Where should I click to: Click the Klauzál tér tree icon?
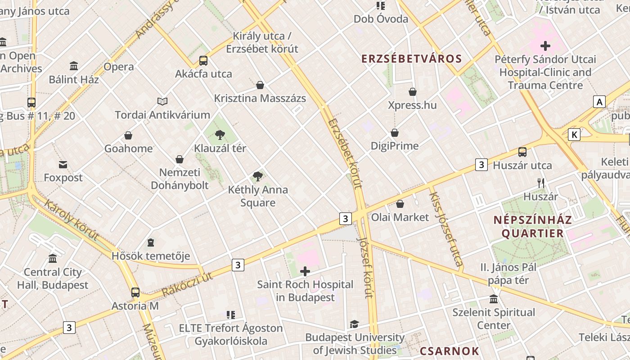[220, 135]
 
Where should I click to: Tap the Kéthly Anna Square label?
[258, 196]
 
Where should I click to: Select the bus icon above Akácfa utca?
[203, 61]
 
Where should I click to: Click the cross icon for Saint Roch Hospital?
[305, 271]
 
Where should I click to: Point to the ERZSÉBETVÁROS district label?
[412, 58]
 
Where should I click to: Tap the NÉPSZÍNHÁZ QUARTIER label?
[533, 226]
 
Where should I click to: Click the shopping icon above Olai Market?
[400, 204]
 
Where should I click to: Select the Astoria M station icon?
[135, 292]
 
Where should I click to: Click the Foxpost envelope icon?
[63, 165]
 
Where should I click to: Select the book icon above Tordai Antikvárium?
[162, 102]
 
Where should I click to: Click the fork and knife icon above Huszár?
[541, 183]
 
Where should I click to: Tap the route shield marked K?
[574, 135]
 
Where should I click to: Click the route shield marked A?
[599, 102]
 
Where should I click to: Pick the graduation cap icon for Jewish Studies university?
[355, 324]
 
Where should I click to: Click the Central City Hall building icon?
[53, 259]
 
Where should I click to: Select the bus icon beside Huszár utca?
[522, 152]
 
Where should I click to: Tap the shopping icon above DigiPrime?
[395, 133]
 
